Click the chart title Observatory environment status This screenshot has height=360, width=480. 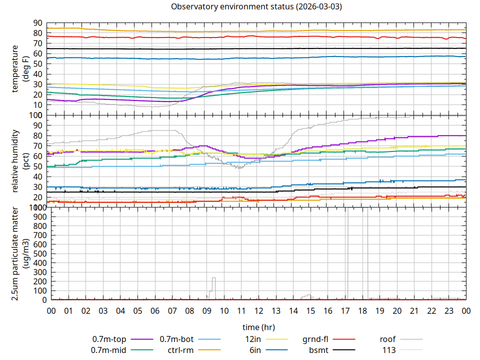pos(256,6)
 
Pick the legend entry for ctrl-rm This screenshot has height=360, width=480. pos(180,349)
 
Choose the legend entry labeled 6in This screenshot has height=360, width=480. pos(255,349)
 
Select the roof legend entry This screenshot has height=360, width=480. pos(387,339)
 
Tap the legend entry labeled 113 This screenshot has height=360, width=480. pos(389,349)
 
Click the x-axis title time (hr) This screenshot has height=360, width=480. pos(258,327)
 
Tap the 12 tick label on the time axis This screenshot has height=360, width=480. pos(258,311)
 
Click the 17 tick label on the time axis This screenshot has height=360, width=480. pos(345,311)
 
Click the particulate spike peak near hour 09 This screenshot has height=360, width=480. pos(213,278)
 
